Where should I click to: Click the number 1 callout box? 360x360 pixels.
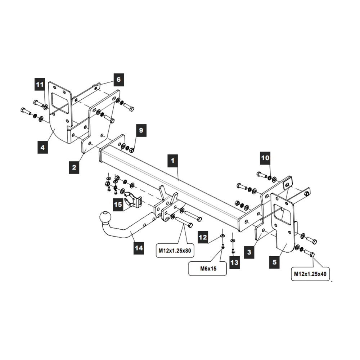[x=173, y=160]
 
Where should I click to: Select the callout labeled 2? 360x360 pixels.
[x=74, y=167]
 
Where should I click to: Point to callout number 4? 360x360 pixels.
[x=43, y=147]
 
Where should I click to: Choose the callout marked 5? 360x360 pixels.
[x=275, y=262]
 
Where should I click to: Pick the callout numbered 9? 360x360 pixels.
[x=141, y=130]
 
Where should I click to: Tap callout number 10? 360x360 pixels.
[x=265, y=158]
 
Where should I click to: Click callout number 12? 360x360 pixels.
[x=203, y=237]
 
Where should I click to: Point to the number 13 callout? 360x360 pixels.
[x=234, y=262]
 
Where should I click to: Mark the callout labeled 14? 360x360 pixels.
[x=139, y=248]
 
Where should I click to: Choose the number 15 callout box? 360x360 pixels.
[x=118, y=204]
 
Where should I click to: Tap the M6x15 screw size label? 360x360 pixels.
[x=207, y=268]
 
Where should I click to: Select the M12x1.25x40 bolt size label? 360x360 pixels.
[x=310, y=274]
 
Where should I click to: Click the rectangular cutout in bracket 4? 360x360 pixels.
[x=59, y=101]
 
